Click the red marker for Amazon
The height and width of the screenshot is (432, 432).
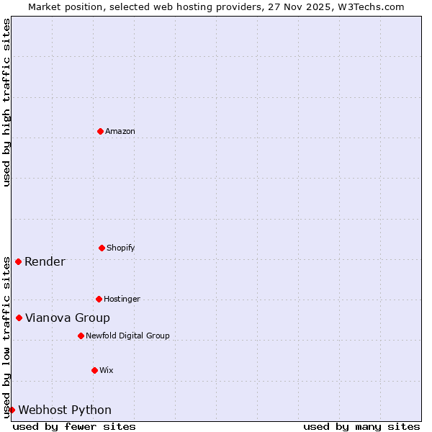pyautogui.click(x=100, y=131)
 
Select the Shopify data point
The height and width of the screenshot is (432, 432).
pyautogui.click(x=102, y=248)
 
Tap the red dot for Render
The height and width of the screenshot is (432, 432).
pyautogui.click(x=18, y=261)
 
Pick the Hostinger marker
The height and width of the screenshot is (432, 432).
pyautogui.click(x=99, y=299)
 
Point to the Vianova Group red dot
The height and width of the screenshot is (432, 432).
pyautogui.click(x=19, y=318)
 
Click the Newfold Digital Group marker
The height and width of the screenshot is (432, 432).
pyautogui.click(x=81, y=336)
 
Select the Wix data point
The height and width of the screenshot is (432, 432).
pyautogui.click(x=94, y=370)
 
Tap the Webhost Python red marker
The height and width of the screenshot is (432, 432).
pyautogui.click(x=12, y=410)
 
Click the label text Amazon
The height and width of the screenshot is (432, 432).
pyautogui.click(x=120, y=131)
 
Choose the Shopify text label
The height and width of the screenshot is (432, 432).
pyautogui.click(x=121, y=248)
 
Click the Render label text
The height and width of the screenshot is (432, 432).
pyautogui.click(x=45, y=261)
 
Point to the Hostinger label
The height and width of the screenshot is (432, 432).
pyautogui.click(x=122, y=299)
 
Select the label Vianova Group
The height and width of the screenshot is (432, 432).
pyautogui.click(x=68, y=318)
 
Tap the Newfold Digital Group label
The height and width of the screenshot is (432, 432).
pyautogui.click(x=127, y=336)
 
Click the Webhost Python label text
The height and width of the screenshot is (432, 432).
pyautogui.click(x=65, y=410)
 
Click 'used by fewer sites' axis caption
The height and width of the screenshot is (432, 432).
pyautogui.click(x=74, y=426)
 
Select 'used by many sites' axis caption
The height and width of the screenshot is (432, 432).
pyautogui.click(x=361, y=426)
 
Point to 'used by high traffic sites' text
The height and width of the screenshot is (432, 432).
pyautogui.click(x=6, y=102)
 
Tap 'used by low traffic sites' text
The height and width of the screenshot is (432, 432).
pyautogui.click(x=6, y=337)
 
